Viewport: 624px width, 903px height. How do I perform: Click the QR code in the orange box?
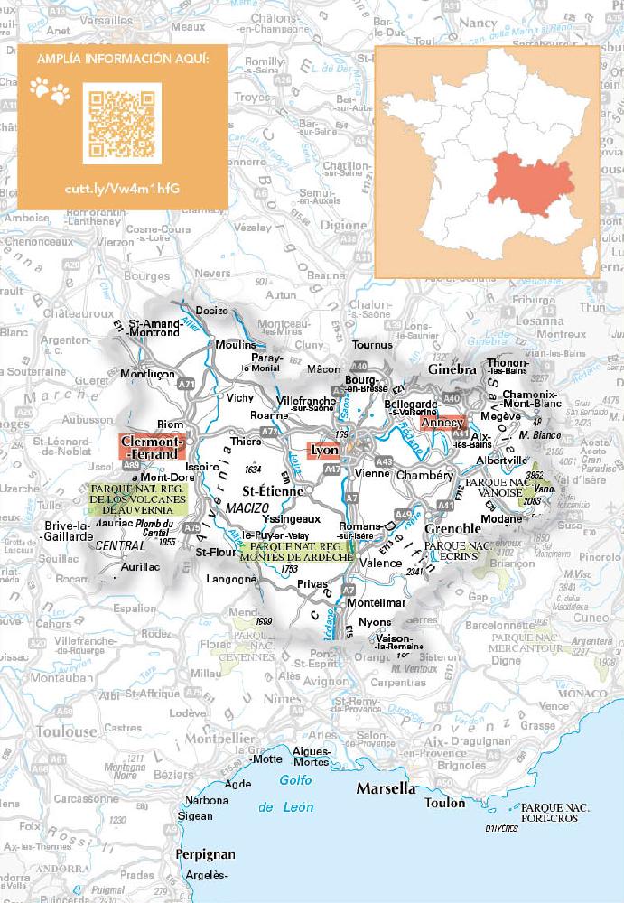(x=122, y=123)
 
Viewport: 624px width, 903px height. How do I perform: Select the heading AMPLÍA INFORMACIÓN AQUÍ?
(x=122, y=59)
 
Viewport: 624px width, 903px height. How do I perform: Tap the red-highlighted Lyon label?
(x=323, y=450)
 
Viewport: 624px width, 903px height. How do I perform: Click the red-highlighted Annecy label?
(x=443, y=423)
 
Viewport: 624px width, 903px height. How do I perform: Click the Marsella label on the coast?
(x=386, y=788)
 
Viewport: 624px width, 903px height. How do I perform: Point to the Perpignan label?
(x=206, y=854)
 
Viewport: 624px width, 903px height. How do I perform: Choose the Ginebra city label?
(x=452, y=370)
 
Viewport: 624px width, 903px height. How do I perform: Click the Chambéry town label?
(x=424, y=475)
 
